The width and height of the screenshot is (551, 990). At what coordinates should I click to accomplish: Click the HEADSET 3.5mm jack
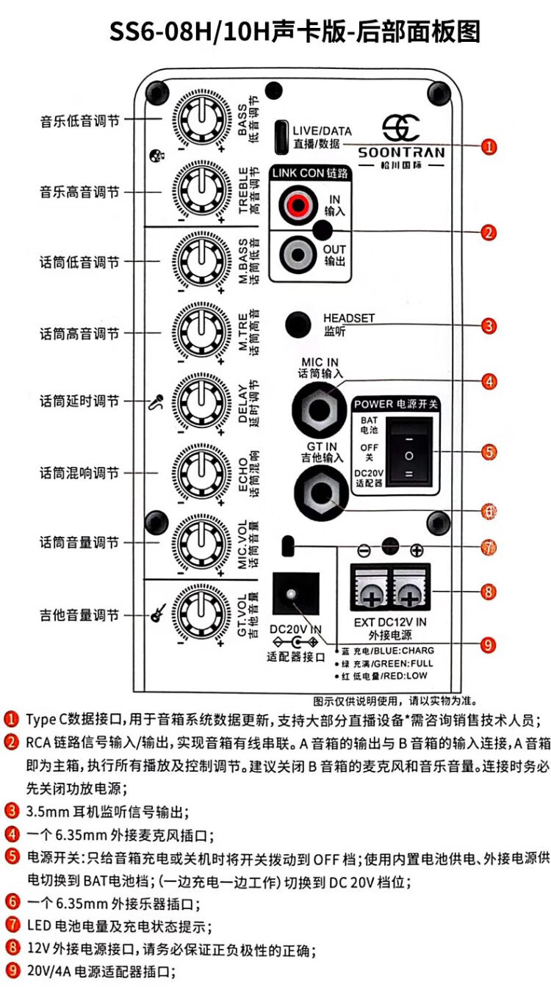[297, 323]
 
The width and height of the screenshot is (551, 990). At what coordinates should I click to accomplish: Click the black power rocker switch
[408, 451]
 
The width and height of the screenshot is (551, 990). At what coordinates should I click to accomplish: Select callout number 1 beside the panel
[489, 146]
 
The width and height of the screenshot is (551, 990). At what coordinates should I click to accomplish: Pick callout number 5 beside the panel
[489, 451]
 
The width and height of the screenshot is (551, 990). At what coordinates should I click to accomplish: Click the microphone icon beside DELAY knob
[156, 402]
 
